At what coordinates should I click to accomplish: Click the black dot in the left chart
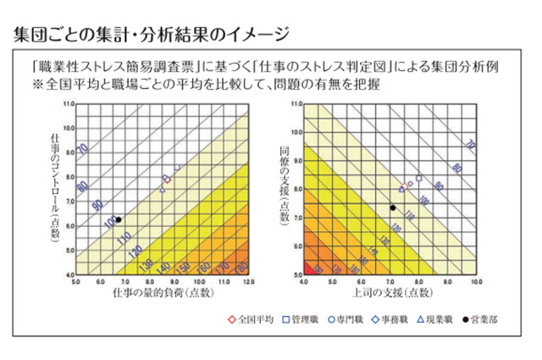tap(119, 219)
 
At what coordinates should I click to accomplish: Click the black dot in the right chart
tap(393, 208)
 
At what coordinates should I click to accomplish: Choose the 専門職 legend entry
tap(347, 321)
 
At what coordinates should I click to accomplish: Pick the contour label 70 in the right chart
tap(470, 147)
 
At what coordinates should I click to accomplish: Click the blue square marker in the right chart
tap(418, 178)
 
